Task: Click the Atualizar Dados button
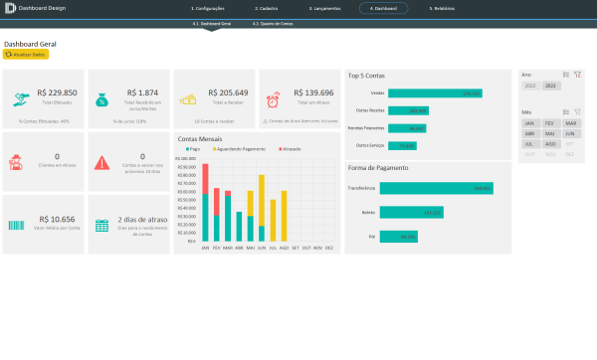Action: point(27,55)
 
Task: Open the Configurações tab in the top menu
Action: point(208,8)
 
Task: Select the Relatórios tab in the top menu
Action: point(444,8)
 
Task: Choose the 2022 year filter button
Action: point(529,86)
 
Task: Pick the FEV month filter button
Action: point(549,122)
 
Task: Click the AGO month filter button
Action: point(549,143)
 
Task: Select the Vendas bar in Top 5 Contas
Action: point(435,93)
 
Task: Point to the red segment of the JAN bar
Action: point(205,179)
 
